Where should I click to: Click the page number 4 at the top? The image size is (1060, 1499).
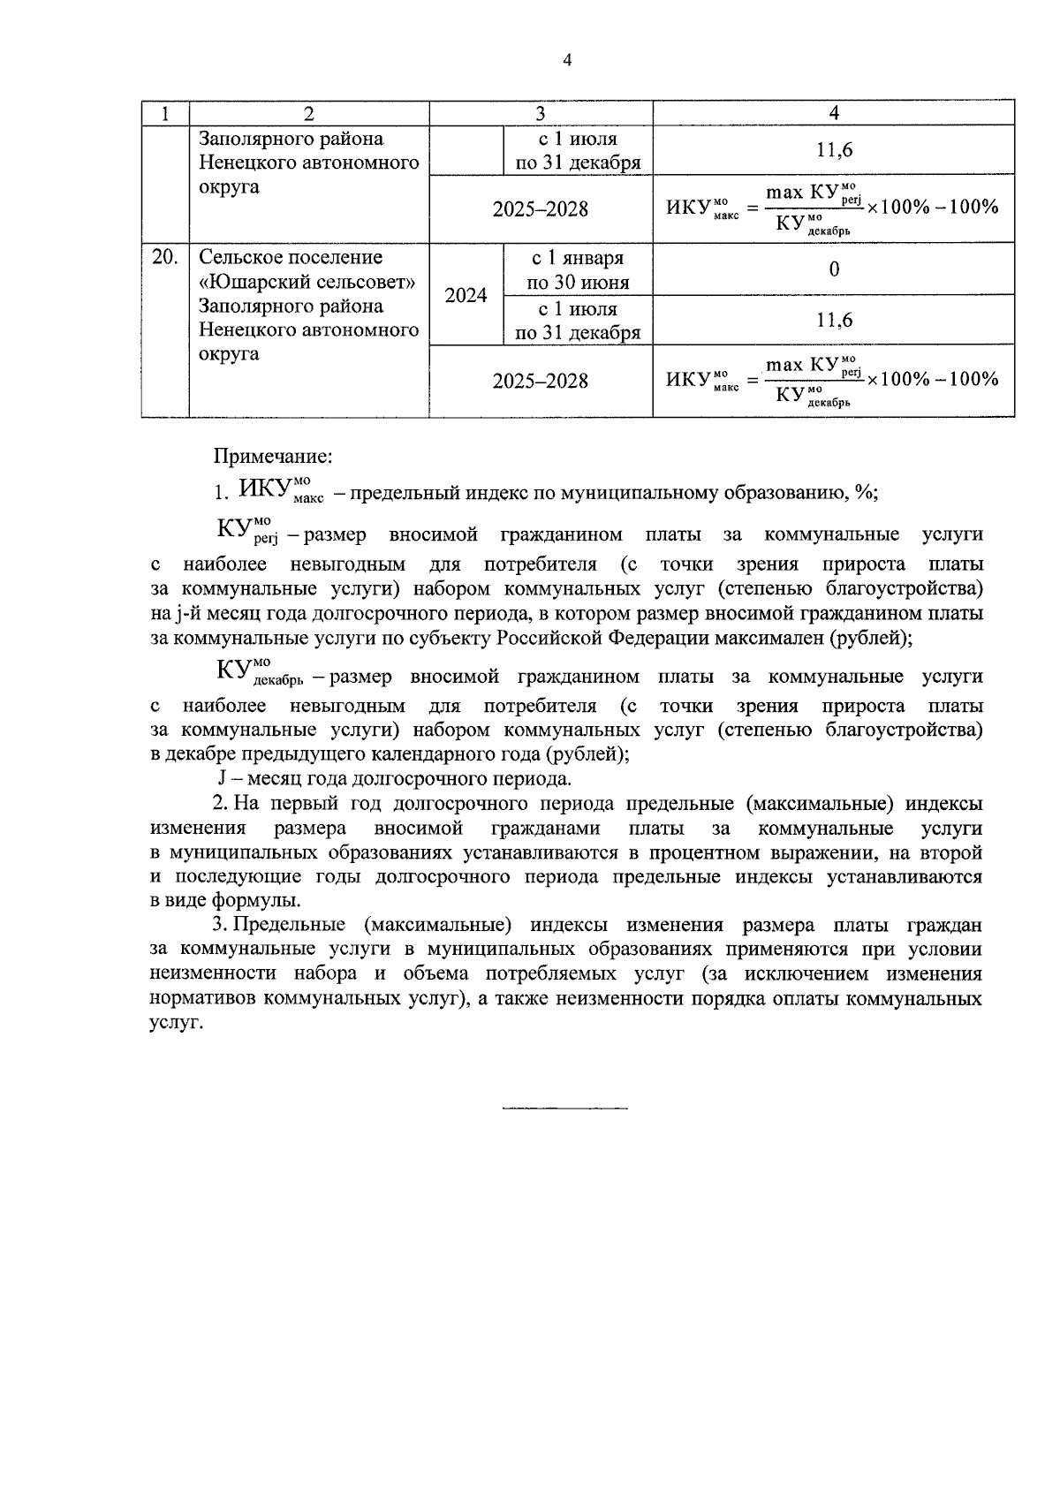(567, 60)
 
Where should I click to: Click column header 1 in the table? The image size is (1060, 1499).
(165, 113)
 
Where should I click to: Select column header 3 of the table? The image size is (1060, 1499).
(541, 113)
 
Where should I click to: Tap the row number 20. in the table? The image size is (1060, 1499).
(165, 257)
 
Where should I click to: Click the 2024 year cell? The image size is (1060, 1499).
(466, 295)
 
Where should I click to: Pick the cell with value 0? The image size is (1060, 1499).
(833, 269)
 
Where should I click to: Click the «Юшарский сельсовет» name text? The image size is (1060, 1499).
(307, 282)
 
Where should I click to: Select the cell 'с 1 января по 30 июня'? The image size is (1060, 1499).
(578, 269)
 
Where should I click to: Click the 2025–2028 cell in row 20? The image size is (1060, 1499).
(541, 381)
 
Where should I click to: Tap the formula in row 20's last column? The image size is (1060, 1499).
(833, 381)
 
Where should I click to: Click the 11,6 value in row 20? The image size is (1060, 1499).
(833, 320)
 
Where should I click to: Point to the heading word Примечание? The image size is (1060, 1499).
(273, 457)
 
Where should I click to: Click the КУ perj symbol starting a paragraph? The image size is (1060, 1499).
(244, 532)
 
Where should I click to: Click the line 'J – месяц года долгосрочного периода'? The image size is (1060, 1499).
(394, 779)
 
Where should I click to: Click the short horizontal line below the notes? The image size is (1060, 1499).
(565, 1107)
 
